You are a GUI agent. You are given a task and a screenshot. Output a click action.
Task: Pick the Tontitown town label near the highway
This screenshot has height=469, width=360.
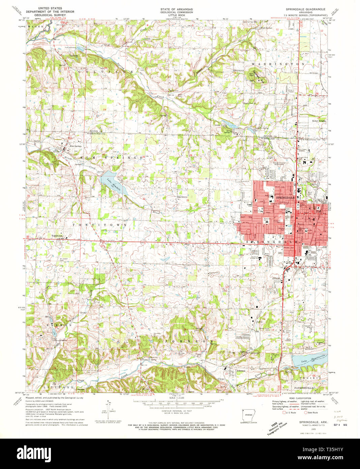pos(57,236)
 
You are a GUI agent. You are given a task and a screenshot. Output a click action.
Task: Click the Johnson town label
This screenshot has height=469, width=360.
pos(241,370)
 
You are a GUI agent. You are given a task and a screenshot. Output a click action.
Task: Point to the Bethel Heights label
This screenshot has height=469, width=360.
pos(319,120)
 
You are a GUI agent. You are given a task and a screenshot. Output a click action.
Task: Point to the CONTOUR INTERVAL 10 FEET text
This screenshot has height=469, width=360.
pos(180,411)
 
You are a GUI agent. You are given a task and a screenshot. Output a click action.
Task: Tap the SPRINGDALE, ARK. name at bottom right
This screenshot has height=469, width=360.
pos(310,422)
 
